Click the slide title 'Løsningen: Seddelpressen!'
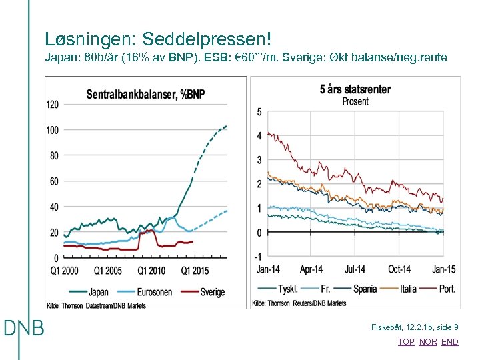tap(158, 39)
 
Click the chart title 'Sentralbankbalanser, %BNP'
tap(145, 95)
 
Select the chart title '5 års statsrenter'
tap(355, 89)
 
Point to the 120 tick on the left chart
tap(52, 104)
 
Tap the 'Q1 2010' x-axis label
tap(152, 271)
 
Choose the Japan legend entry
tap(89, 292)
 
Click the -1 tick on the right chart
tap(257, 257)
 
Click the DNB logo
tap(24, 329)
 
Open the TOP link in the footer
tap(406, 342)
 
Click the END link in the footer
tap(450, 342)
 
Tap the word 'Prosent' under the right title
tap(355, 101)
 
